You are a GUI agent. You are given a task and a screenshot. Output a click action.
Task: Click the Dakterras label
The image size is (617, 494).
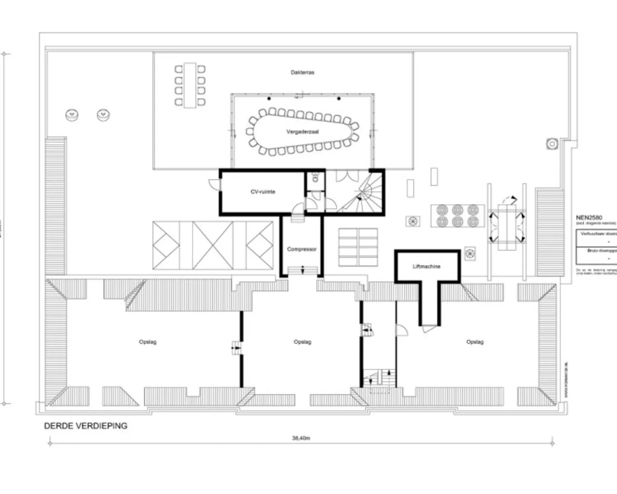tap(302, 72)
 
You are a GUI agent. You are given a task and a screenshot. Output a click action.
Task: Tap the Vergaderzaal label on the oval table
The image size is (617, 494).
tap(302, 132)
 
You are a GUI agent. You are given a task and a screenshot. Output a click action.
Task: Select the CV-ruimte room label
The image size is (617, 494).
tap(263, 192)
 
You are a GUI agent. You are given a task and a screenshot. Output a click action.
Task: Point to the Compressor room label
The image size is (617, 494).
tap(302, 249)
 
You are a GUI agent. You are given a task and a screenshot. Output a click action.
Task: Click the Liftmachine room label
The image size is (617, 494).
tap(427, 266)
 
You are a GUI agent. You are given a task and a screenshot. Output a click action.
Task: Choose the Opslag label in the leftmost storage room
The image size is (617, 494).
tap(148, 342)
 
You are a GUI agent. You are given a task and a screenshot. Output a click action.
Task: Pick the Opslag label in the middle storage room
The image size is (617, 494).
tap(302, 342)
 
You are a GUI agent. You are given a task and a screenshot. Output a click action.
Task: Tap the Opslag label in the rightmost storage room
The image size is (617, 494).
tap(475, 342)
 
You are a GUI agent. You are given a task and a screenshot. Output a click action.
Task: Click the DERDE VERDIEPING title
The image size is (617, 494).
tap(86, 426)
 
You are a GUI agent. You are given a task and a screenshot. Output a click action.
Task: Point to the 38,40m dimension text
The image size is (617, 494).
tap(301, 438)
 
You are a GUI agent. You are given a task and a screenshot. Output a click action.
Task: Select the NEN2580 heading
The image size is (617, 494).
tap(589, 217)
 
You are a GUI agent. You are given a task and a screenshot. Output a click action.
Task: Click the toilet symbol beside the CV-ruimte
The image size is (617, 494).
tap(315, 177)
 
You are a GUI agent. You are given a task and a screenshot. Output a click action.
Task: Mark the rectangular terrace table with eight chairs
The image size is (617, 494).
tap(190, 85)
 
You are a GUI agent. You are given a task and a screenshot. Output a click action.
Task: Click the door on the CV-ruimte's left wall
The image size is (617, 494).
tap(214, 184)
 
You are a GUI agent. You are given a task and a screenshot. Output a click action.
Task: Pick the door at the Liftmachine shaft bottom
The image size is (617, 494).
tap(429, 329)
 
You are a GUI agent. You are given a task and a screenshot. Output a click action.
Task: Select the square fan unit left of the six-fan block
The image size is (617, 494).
tap(413, 221)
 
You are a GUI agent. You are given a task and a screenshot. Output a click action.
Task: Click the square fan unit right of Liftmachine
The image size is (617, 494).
tap(470, 254)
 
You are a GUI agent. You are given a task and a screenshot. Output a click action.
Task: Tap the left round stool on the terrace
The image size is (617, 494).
tap(72, 115)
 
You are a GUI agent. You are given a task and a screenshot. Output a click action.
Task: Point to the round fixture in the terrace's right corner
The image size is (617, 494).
tap(552, 144)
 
